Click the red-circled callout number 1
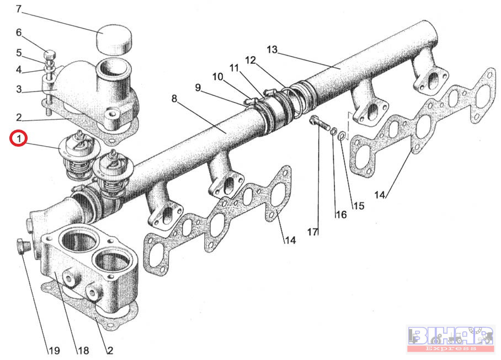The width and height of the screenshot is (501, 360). pyautogui.click(x=19, y=138)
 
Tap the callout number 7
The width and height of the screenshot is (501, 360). pyautogui.click(x=19, y=9)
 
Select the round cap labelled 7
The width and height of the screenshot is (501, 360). pyautogui.click(x=115, y=39)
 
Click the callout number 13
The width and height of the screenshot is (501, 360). pyautogui.click(x=271, y=50)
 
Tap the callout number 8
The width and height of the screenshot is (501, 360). pyautogui.click(x=174, y=99)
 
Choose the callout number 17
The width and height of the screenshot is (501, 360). pyautogui.click(x=313, y=232)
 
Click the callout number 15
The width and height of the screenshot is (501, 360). pyautogui.click(x=359, y=206)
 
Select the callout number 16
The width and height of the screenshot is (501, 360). pyautogui.click(x=340, y=214)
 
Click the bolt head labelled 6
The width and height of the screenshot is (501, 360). pyautogui.click(x=49, y=54)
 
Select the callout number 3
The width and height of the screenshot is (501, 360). pyautogui.click(x=19, y=89)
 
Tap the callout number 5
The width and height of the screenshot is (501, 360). pyautogui.click(x=19, y=53)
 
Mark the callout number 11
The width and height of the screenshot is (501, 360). pyautogui.click(x=234, y=68)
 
